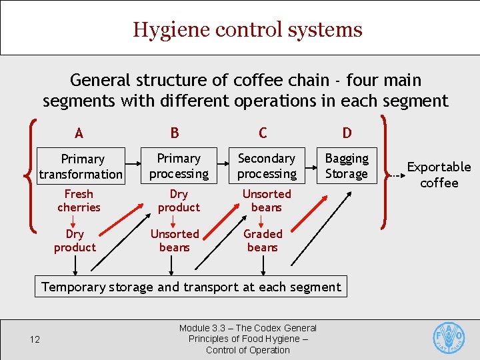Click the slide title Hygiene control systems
click(247, 30)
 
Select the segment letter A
click(79, 133)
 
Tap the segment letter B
click(175, 133)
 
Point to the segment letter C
click(263, 133)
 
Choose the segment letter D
click(347, 133)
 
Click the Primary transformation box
click(81, 166)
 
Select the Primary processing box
click(179, 166)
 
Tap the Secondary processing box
click(267, 166)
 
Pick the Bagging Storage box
click(347, 166)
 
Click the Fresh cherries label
click(79, 201)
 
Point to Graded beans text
click(263, 241)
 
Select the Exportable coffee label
click(439, 175)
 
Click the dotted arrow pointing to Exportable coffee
click(397, 176)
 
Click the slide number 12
click(35, 340)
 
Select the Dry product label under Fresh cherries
click(75, 241)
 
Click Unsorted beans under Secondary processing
click(267, 201)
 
